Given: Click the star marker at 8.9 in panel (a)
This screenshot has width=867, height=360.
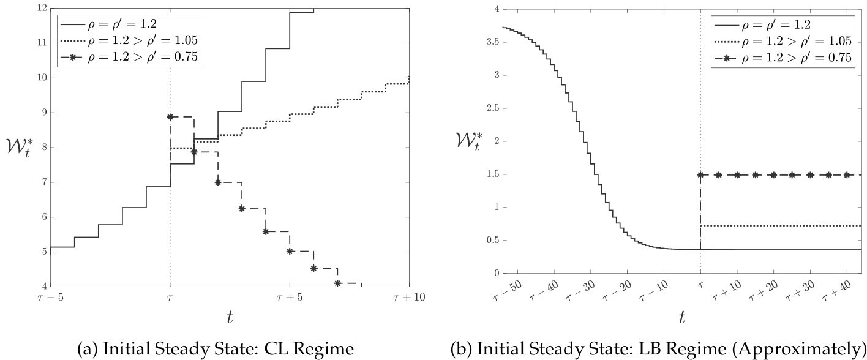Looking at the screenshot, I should coord(170,116).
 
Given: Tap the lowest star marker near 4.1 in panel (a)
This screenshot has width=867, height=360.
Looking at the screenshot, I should coord(337,283).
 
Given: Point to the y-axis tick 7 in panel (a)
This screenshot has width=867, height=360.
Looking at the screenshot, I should coord(43,182).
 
